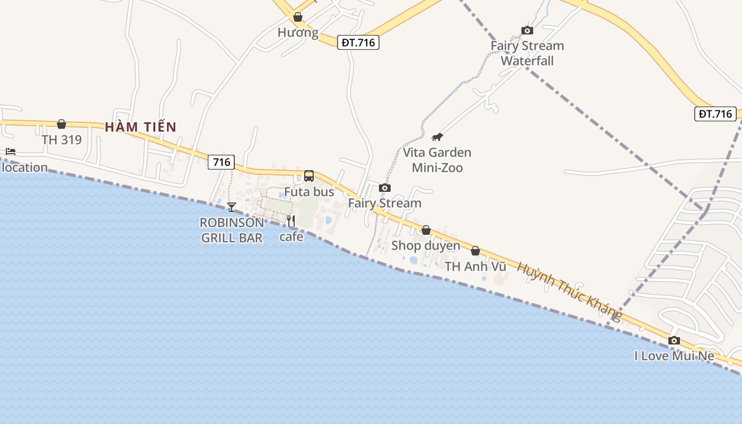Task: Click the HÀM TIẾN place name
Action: (140, 127)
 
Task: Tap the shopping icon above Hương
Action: (298, 17)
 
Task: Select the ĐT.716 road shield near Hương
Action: (358, 42)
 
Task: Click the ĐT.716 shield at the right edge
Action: (715, 113)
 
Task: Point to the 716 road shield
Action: (221, 162)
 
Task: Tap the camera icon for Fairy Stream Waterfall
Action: (527, 30)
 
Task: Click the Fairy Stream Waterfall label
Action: (527, 53)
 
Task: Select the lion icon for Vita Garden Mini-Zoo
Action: (437, 137)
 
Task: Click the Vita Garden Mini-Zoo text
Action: (437, 160)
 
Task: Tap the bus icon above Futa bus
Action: (309, 176)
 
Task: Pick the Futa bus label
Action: (309, 191)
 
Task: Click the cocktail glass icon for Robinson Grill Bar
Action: (232, 207)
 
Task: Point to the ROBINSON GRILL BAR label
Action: (232, 230)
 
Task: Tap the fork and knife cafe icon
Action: (291, 221)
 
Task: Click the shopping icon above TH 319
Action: (61, 124)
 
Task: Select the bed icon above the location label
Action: (11, 152)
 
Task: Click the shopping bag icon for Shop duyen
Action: (426, 230)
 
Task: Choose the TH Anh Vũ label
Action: (475, 267)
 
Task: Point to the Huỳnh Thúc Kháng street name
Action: (569, 291)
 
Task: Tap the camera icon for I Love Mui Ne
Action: (674, 340)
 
